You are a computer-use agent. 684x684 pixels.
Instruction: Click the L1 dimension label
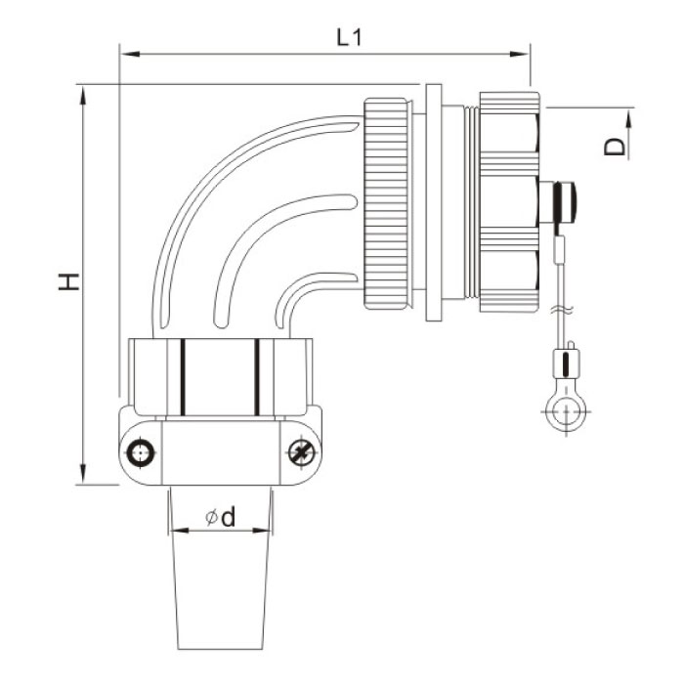(x=349, y=38)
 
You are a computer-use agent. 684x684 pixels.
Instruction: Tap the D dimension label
(x=614, y=147)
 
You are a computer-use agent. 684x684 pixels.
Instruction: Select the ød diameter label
(x=220, y=519)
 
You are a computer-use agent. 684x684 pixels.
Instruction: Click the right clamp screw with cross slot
(x=302, y=452)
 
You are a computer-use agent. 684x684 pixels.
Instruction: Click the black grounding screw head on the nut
(x=564, y=202)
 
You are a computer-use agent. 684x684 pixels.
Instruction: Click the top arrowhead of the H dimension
(x=84, y=92)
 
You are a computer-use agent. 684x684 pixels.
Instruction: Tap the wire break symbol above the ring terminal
(x=561, y=311)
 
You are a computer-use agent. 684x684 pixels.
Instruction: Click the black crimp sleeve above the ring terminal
(x=562, y=366)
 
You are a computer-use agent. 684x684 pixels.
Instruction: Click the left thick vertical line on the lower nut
(x=182, y=377)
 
